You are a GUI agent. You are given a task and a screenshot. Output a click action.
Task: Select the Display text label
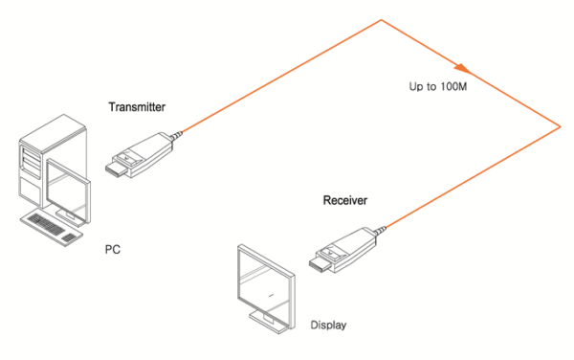pos(328,326)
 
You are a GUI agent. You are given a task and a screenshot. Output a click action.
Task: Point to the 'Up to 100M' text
pos(437,86)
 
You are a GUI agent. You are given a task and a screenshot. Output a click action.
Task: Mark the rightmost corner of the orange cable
pos(558,125)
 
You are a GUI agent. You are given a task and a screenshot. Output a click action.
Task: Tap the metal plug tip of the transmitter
pos(112,169)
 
